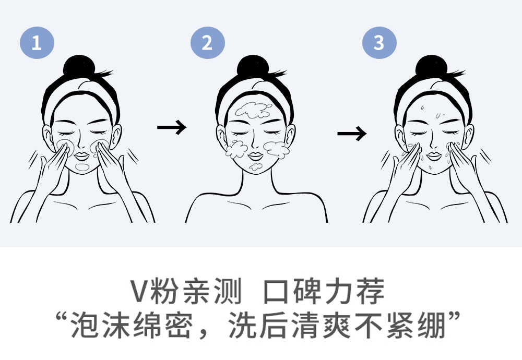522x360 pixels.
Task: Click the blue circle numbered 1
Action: tap(37, 43)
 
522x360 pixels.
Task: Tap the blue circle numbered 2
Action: tap(207, 43)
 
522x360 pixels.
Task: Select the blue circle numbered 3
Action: tap(379, 43)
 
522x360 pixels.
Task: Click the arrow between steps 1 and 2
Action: tap(172, 127)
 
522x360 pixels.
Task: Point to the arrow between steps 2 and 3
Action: tap(352, 134)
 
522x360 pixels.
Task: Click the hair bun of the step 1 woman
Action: tap(79, 66)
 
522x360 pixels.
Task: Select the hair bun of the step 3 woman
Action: tap(432, 66)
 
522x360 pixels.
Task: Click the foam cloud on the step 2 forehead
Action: tap(254, 110)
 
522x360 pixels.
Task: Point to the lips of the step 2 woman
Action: tap(255, 155)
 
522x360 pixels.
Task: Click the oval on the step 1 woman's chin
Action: tap(82, 167)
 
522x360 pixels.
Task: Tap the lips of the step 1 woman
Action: tap(81, 155)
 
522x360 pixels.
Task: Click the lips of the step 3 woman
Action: tap(434, 155)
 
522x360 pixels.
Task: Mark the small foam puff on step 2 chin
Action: tap(255, 166)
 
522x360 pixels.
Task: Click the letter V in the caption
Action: tap(139, 291)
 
